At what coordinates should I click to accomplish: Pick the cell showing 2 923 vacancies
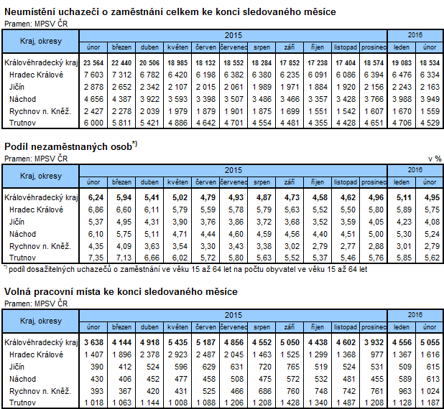[x=177, y=354]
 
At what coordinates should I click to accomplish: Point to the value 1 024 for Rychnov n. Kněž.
[x=429, y=390]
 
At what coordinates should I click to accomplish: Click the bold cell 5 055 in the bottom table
[x=429, y=342]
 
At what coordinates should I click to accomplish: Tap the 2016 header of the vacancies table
[x=415, y=314]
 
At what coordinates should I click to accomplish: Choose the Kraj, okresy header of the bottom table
[x=40, y=320]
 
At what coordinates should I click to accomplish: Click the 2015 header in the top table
[x=232, y=34]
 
